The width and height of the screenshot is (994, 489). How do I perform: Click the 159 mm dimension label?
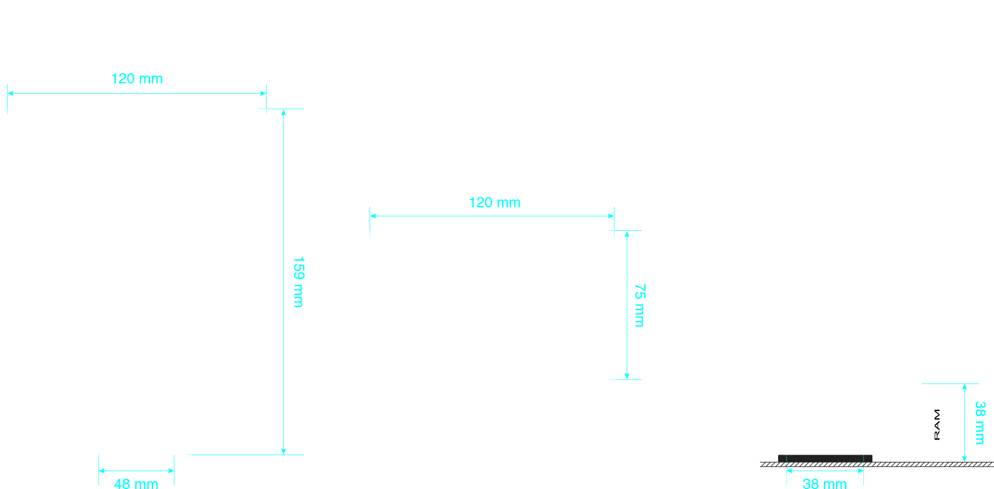pos(298,282)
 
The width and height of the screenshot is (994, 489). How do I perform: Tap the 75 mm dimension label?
pos(639,305)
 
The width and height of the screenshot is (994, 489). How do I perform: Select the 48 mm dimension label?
pos(136,484)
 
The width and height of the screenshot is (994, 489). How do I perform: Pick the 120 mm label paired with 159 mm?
pos(137,79)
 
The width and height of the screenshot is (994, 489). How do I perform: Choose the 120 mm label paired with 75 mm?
pos(495,202)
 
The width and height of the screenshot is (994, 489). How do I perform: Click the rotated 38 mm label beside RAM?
pos(980,423)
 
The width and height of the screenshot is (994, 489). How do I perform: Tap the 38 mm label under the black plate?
pos(825,484)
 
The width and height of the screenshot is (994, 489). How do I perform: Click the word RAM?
pos(937,425)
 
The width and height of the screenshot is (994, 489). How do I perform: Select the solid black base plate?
pos(825,458)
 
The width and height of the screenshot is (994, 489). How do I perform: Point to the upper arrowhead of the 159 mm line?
pos(284,112)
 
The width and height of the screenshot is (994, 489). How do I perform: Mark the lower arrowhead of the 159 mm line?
pos(284,452)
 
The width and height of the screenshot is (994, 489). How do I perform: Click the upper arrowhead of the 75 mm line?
pos(627,234)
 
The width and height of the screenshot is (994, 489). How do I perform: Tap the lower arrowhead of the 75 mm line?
pos(627,376)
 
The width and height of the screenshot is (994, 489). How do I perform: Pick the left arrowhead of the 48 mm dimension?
pos(102,471)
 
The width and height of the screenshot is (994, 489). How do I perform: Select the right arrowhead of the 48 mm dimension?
pos(171,471)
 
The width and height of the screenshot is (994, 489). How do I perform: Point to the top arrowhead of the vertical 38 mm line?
pos(964,387)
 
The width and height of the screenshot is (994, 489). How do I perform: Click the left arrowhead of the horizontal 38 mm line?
pos(790,471)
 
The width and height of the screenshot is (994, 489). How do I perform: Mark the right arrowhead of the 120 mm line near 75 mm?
pos(611,216)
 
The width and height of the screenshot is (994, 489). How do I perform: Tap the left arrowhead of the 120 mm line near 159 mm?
pos(11,93)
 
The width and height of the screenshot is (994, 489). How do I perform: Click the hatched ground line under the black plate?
pos(877,464)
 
